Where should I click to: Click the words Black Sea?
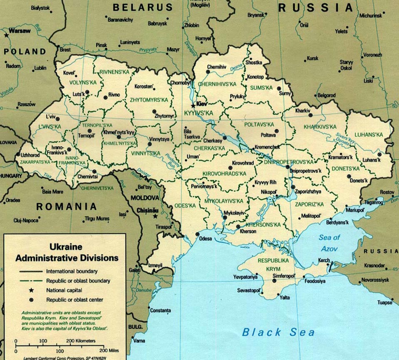click(x=279, y=332)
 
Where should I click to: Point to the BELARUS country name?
click(x=143, y=7)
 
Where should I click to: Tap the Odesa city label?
click(x=205, y=239)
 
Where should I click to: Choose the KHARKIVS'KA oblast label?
click(x=320, y=126)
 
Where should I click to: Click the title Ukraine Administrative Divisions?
click(x=67, y=252)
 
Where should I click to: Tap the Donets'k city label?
click(x=359, y=181)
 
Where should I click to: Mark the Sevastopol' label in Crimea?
click(x=249, y=290)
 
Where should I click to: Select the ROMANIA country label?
click(x=67, y=206)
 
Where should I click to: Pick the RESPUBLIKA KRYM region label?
click(x=273, y=264)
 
